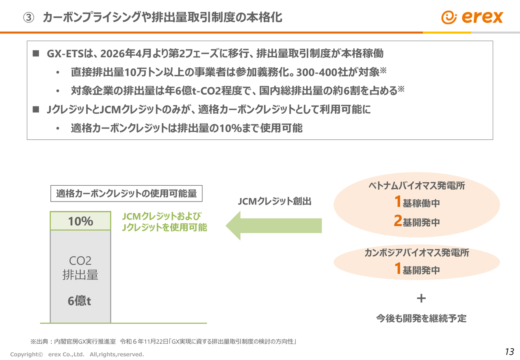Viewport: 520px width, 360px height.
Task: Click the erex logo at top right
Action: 472,17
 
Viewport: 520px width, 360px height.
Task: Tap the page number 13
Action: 509,351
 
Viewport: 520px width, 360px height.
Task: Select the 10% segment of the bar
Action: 80,221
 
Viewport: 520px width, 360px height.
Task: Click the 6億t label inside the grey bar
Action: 79,301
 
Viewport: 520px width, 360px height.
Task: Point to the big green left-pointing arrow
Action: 273,226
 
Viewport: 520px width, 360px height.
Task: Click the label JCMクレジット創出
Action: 274,201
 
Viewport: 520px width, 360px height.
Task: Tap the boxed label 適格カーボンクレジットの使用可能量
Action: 126,193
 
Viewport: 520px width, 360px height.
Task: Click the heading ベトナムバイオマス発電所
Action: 416,186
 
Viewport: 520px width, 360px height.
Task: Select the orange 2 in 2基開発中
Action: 398,221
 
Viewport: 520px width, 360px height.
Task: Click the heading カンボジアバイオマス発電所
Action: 417,253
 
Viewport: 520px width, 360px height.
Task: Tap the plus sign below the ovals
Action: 421,299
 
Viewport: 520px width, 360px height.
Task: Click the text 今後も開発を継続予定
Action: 421,319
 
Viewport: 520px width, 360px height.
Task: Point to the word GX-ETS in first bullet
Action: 65,54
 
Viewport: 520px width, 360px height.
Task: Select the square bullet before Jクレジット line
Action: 36,109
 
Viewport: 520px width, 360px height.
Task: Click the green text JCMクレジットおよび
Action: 162,216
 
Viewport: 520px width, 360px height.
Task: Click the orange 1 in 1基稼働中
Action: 398,202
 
